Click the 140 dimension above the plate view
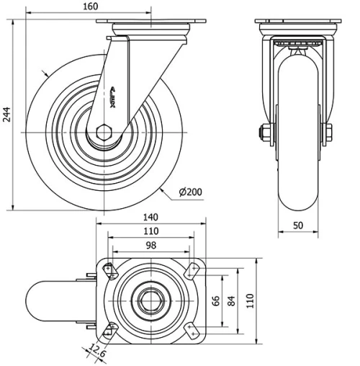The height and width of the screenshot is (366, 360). pyautogui.click(x=150, y=218)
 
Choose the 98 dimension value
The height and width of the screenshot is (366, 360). pyautogui.click(x=150, y=246)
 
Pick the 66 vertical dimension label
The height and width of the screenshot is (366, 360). pyautogui.click(x=215, y=300)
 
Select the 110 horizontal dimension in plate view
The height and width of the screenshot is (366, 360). pyautogui.click(x=150, y=232)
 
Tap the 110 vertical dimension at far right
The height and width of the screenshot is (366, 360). pyautogui.click(x=250, y=300)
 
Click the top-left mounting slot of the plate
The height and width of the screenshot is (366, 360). pyautogui.click(x=110, y=270)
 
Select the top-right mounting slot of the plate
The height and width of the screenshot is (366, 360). pyautogui.click(x=191, y=271)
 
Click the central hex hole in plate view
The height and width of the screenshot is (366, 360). pyautogui.click(x=150, y=300)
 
